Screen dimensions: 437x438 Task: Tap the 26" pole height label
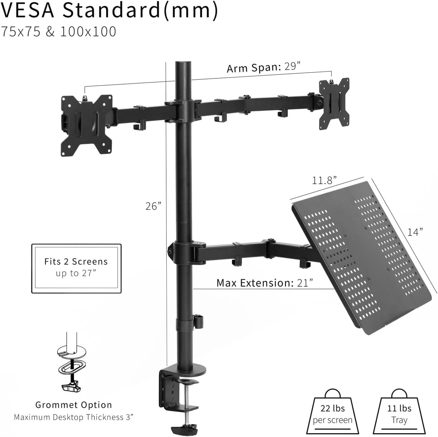(153, 206)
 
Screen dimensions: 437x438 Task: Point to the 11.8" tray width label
(324, 181)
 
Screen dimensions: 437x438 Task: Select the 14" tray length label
(415, 232)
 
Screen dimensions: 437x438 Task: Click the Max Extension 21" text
(265, 283)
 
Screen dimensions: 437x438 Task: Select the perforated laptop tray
(363, 258)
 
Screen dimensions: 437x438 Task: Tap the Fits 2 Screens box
(76, 268)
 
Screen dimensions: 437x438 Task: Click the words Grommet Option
(74, 405)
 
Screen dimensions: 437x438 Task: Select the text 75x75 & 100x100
(58, 32)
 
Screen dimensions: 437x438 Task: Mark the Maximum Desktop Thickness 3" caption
(74, 417)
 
